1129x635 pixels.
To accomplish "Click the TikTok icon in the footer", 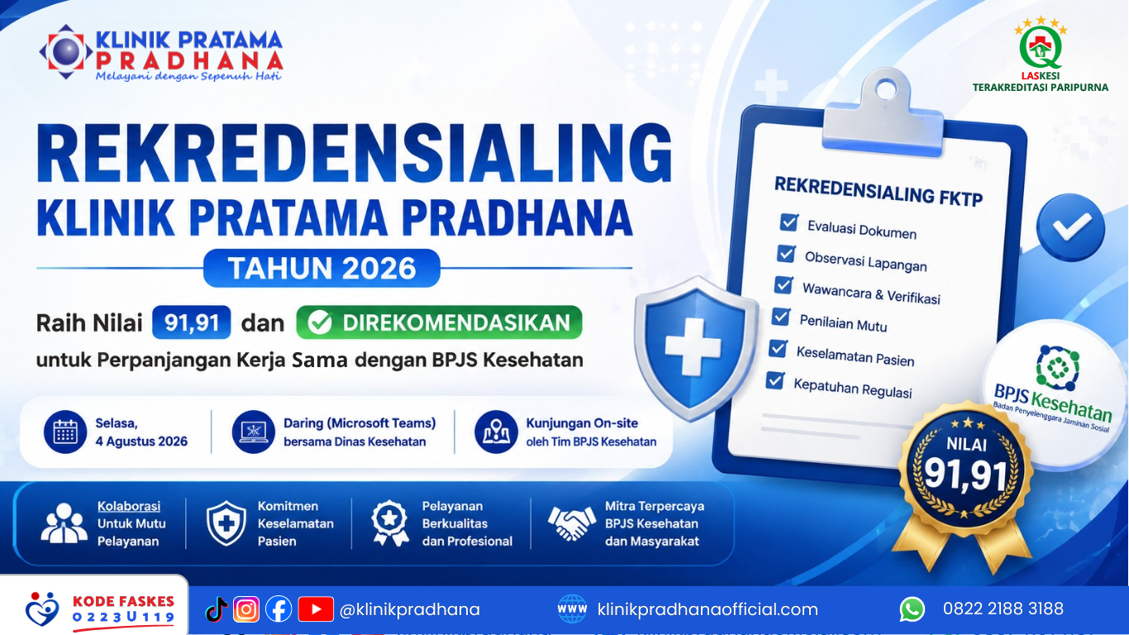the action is pyautogui.click(x=217, y=609).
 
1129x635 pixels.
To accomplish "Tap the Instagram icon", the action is pyautogui.click(x=246, y=609).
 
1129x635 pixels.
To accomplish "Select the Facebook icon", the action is pyautogui.click(x=279, y=609).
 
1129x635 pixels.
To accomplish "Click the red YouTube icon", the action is pyautogui.click(x=316, y=609).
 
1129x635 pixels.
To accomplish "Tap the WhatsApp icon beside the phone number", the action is pyautogui.click(x=912, y=609).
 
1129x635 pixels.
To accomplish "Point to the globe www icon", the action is pyautogui.click(x=572, y=609).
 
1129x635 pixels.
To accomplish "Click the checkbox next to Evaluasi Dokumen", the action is pyautogui.click(x=788, y=222).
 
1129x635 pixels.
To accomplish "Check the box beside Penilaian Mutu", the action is pyautogui.click(x=781, y=317).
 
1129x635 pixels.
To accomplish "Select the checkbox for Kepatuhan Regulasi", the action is pyautogui.click(x=774, y=380).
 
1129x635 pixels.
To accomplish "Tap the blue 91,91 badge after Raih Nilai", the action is pyautogui.click(x=192, y=322).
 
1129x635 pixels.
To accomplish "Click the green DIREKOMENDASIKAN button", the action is pyautogui.click(x=439, y=322).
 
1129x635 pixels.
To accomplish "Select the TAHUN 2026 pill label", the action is pyautogui.click(x=322, y=268).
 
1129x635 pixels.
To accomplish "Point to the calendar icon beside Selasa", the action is pyautogui.click(x=65, y=432).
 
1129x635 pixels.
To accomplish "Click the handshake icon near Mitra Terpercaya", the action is pyautogui.click(x=572, y=523).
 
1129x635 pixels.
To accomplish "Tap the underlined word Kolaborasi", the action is pyautogui.click(x=129, y=506).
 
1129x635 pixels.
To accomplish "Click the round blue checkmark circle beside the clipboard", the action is pyautogui.click(x=1070, y=227).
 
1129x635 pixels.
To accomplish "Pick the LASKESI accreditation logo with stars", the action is pyautogui.click(x=1041, y=54).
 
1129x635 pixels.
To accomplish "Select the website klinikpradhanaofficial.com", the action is pyautogui.click(x=707, y=609).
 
